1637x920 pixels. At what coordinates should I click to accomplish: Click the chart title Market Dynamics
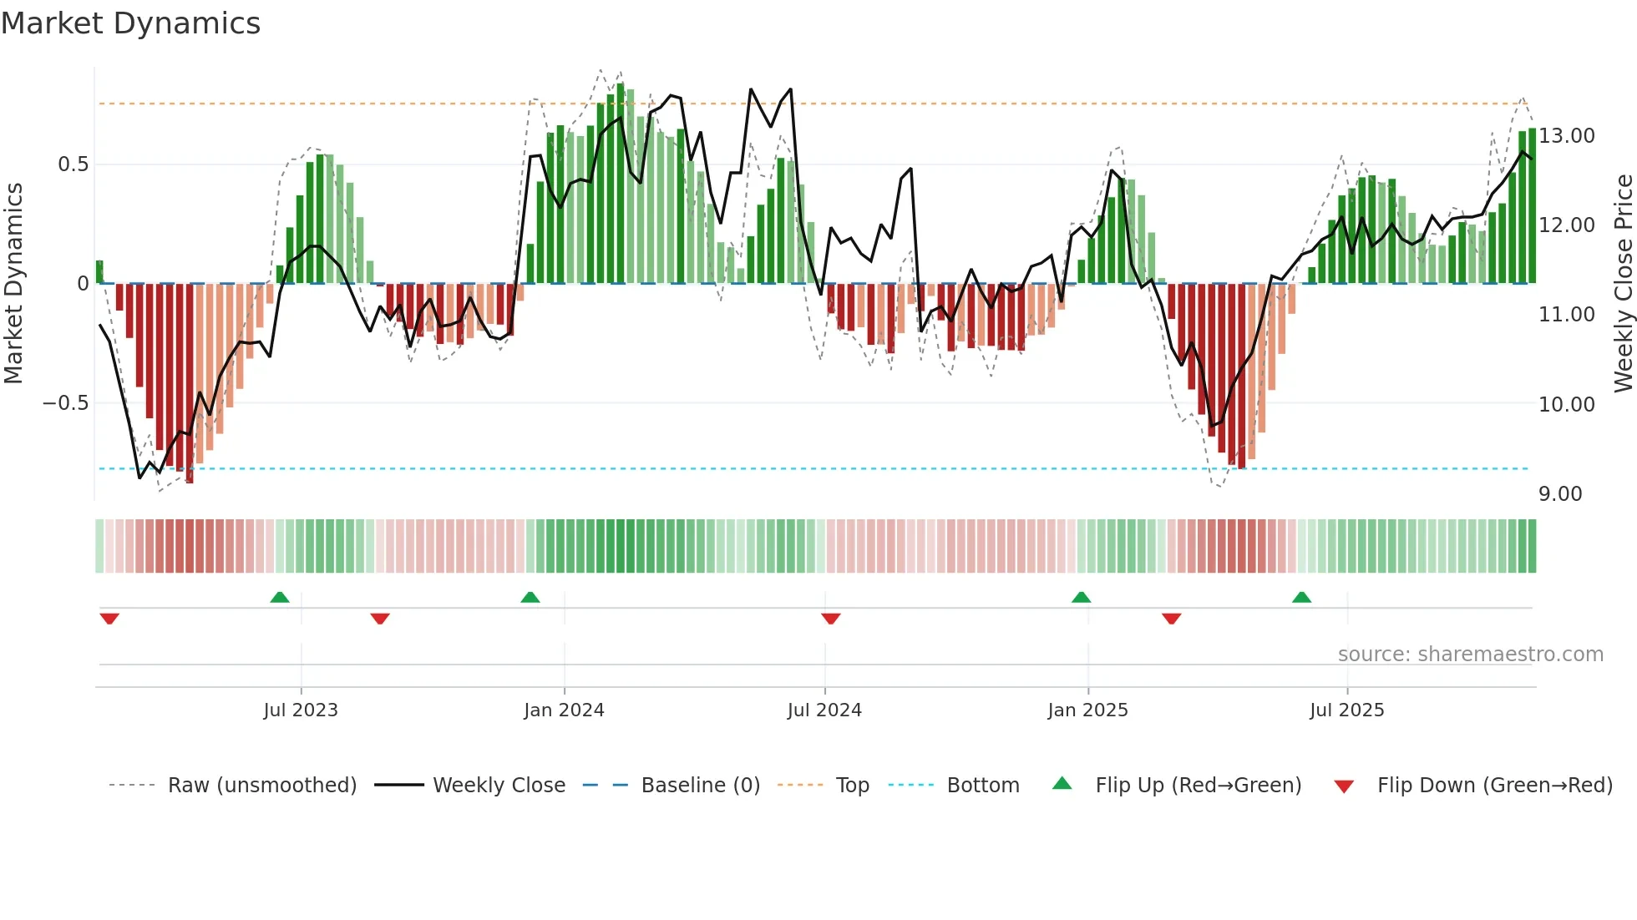(x=130, y=23)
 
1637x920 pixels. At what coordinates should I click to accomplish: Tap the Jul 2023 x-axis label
(x=301, y=710)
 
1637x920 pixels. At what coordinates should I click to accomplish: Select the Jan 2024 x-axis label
(x=564, y=710)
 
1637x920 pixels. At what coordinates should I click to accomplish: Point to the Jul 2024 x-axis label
(x=824, y=710)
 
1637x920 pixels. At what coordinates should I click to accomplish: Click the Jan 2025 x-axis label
(x=1087, y=710)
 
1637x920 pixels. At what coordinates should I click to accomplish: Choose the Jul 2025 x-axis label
(x=1346, y=710)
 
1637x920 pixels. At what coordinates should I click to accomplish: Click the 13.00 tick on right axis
(x=1567, y=136)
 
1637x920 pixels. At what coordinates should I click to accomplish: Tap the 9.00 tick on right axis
(x=1560, y=494)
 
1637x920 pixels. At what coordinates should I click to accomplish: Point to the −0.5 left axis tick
(x=65, y=403)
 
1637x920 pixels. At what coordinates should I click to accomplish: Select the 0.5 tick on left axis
(x=73, y=164)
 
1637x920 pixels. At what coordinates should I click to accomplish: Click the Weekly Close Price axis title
(x=1623, y=284)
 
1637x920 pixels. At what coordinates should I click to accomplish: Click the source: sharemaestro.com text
(x=1470, y=655)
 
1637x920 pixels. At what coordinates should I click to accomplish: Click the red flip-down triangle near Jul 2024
(x=830, y=619)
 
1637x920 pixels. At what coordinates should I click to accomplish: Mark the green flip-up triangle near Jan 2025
(x=1081, y=597)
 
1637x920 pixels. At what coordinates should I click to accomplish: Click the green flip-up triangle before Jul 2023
(x=280, y=597)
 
